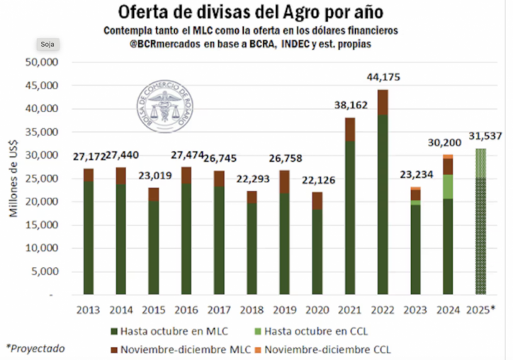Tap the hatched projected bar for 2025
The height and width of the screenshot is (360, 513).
tap(480, 227)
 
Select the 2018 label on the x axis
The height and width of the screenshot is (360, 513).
tap(252, 309)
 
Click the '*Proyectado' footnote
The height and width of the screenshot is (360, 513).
tap(35, 347)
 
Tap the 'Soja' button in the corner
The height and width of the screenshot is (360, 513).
tap(47, 44)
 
